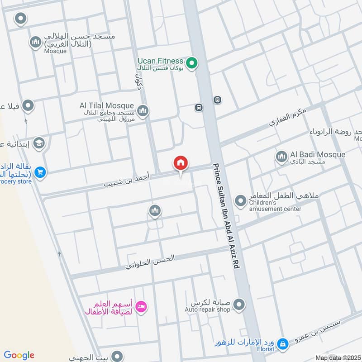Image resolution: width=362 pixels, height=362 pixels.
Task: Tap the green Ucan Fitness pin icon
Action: [192, 63]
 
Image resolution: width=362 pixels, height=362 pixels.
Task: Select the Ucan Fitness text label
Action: [161, 61]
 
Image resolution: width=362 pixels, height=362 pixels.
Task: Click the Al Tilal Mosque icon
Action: [143, 110]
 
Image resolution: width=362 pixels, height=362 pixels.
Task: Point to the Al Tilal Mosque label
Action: [107, 105]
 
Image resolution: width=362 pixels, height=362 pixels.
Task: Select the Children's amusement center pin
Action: [240, 200]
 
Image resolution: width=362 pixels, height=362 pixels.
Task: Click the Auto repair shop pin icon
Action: [240, 304]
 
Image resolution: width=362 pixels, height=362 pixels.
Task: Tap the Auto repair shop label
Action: [207, 310]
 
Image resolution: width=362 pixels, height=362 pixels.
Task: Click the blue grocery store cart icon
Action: [40, 172]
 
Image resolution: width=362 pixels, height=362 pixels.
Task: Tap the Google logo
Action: [19, 355]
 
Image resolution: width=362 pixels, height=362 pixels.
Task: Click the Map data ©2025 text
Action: [338, 358]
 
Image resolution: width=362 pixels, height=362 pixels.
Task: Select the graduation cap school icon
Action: [39, 143]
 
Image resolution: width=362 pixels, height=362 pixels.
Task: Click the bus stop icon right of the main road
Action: [218, 100]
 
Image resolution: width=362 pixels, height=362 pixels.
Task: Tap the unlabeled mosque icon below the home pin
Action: [154, 210]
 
